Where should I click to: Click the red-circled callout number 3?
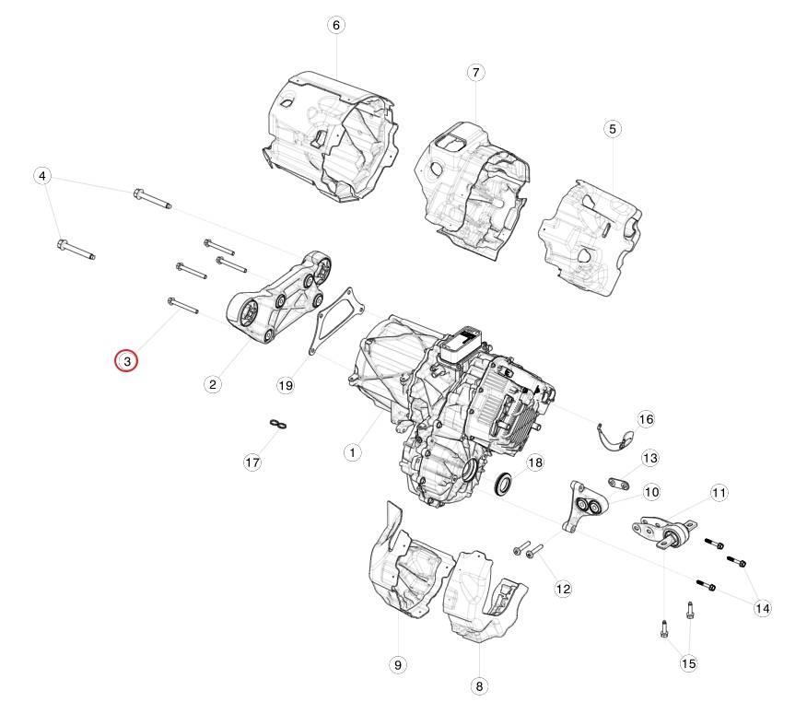tap(126, 361)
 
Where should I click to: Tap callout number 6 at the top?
tap(336, 25)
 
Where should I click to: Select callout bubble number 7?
tap(475, 72)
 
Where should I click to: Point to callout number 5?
tap(612, 129)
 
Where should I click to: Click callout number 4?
tap(42, 176)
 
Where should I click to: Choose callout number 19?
tap(286, 385)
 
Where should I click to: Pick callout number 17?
tap(252, 462)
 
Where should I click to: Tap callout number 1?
tap(352, 453)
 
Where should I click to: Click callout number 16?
tap(646, 419)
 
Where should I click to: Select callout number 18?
tap(535, 462)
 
